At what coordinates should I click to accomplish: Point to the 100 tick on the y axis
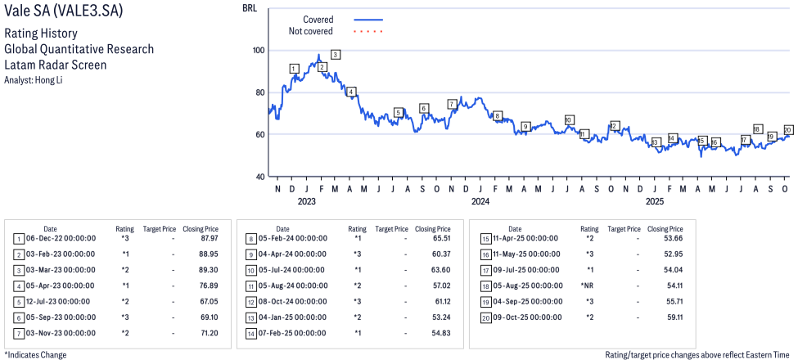coord(259,50)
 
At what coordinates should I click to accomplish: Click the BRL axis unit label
coord(250,8)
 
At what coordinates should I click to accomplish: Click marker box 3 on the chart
coord(336,55)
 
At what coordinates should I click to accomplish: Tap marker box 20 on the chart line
coord(787,130)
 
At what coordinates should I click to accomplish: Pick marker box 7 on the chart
coord(452,104)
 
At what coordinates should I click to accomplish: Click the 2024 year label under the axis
coord(480,200)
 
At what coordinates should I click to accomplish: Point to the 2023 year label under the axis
coord(306,200)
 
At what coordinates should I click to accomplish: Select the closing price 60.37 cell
coord(435,254)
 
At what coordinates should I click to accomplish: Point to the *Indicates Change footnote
coord(35,354)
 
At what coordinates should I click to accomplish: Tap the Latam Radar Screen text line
coord(55,65)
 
